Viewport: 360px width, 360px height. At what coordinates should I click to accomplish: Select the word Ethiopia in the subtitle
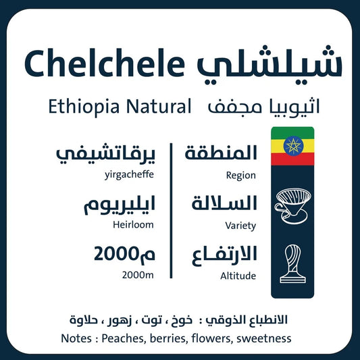click(x=79, y=106)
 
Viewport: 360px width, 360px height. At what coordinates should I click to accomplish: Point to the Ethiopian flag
click(x=292, y=146)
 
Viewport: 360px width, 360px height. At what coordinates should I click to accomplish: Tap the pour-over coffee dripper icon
click(x=291, y=204)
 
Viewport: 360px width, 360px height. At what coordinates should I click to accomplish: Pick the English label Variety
click(x=240, y=226)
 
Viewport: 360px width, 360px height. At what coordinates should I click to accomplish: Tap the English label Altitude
click(x=238, y=276)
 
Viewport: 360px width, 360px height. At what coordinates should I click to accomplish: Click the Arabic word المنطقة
click(x=221, y=153)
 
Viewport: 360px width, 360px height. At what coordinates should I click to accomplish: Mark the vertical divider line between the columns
click(x=172, y=210)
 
